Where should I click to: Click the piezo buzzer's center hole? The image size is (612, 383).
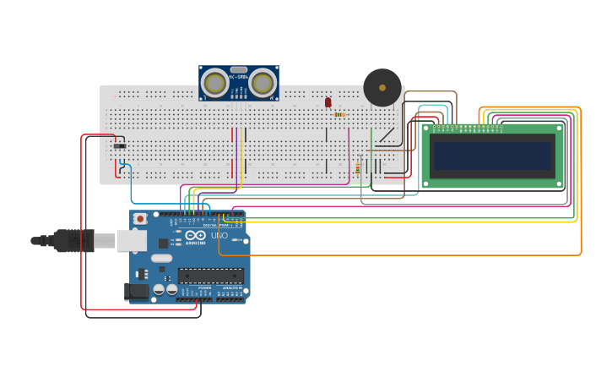click(382, 87)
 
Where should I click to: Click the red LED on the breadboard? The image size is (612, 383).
click(328, 102)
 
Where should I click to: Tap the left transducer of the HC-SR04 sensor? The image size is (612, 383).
click(216, 83)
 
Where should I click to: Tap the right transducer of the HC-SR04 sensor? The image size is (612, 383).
click(263, 83)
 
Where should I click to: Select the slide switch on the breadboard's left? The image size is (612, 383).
click(120, 146)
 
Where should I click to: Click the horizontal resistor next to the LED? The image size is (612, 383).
click(339, 114)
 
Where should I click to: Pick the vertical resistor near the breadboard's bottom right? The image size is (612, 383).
click(357, 168)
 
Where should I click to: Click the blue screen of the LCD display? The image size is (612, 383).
click(492, 156)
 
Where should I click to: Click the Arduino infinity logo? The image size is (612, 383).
click(195, 235)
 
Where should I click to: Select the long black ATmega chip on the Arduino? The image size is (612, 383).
click(210, 275)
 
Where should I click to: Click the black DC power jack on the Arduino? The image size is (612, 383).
click(136, 292)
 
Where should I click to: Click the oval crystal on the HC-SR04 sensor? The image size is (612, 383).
click(239, 70)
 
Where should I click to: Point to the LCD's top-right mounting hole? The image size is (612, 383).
click(559, 129)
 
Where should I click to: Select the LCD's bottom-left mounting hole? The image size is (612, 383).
click(426, 183)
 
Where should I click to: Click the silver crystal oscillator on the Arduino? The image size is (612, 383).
click(161, 258)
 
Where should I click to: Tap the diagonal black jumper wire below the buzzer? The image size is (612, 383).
click(387, 134)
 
